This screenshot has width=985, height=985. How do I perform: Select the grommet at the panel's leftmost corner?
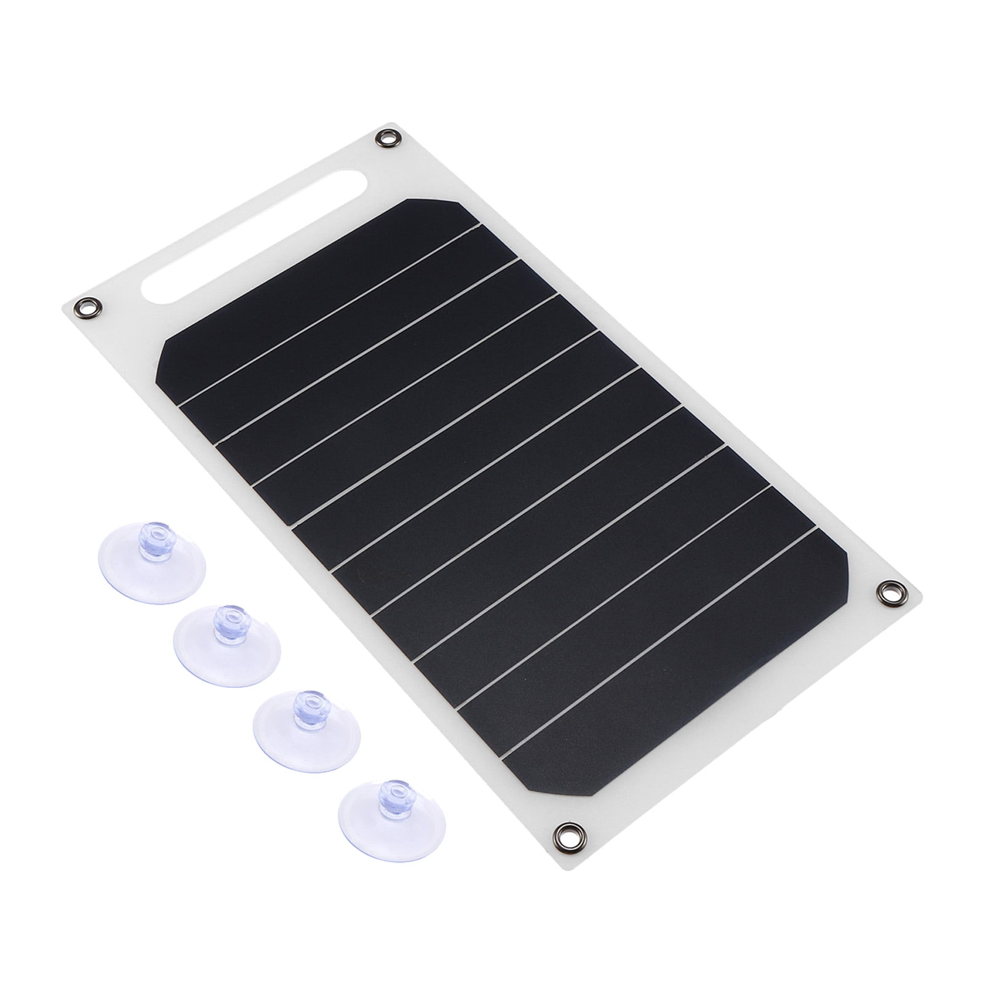coord(82,306)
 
